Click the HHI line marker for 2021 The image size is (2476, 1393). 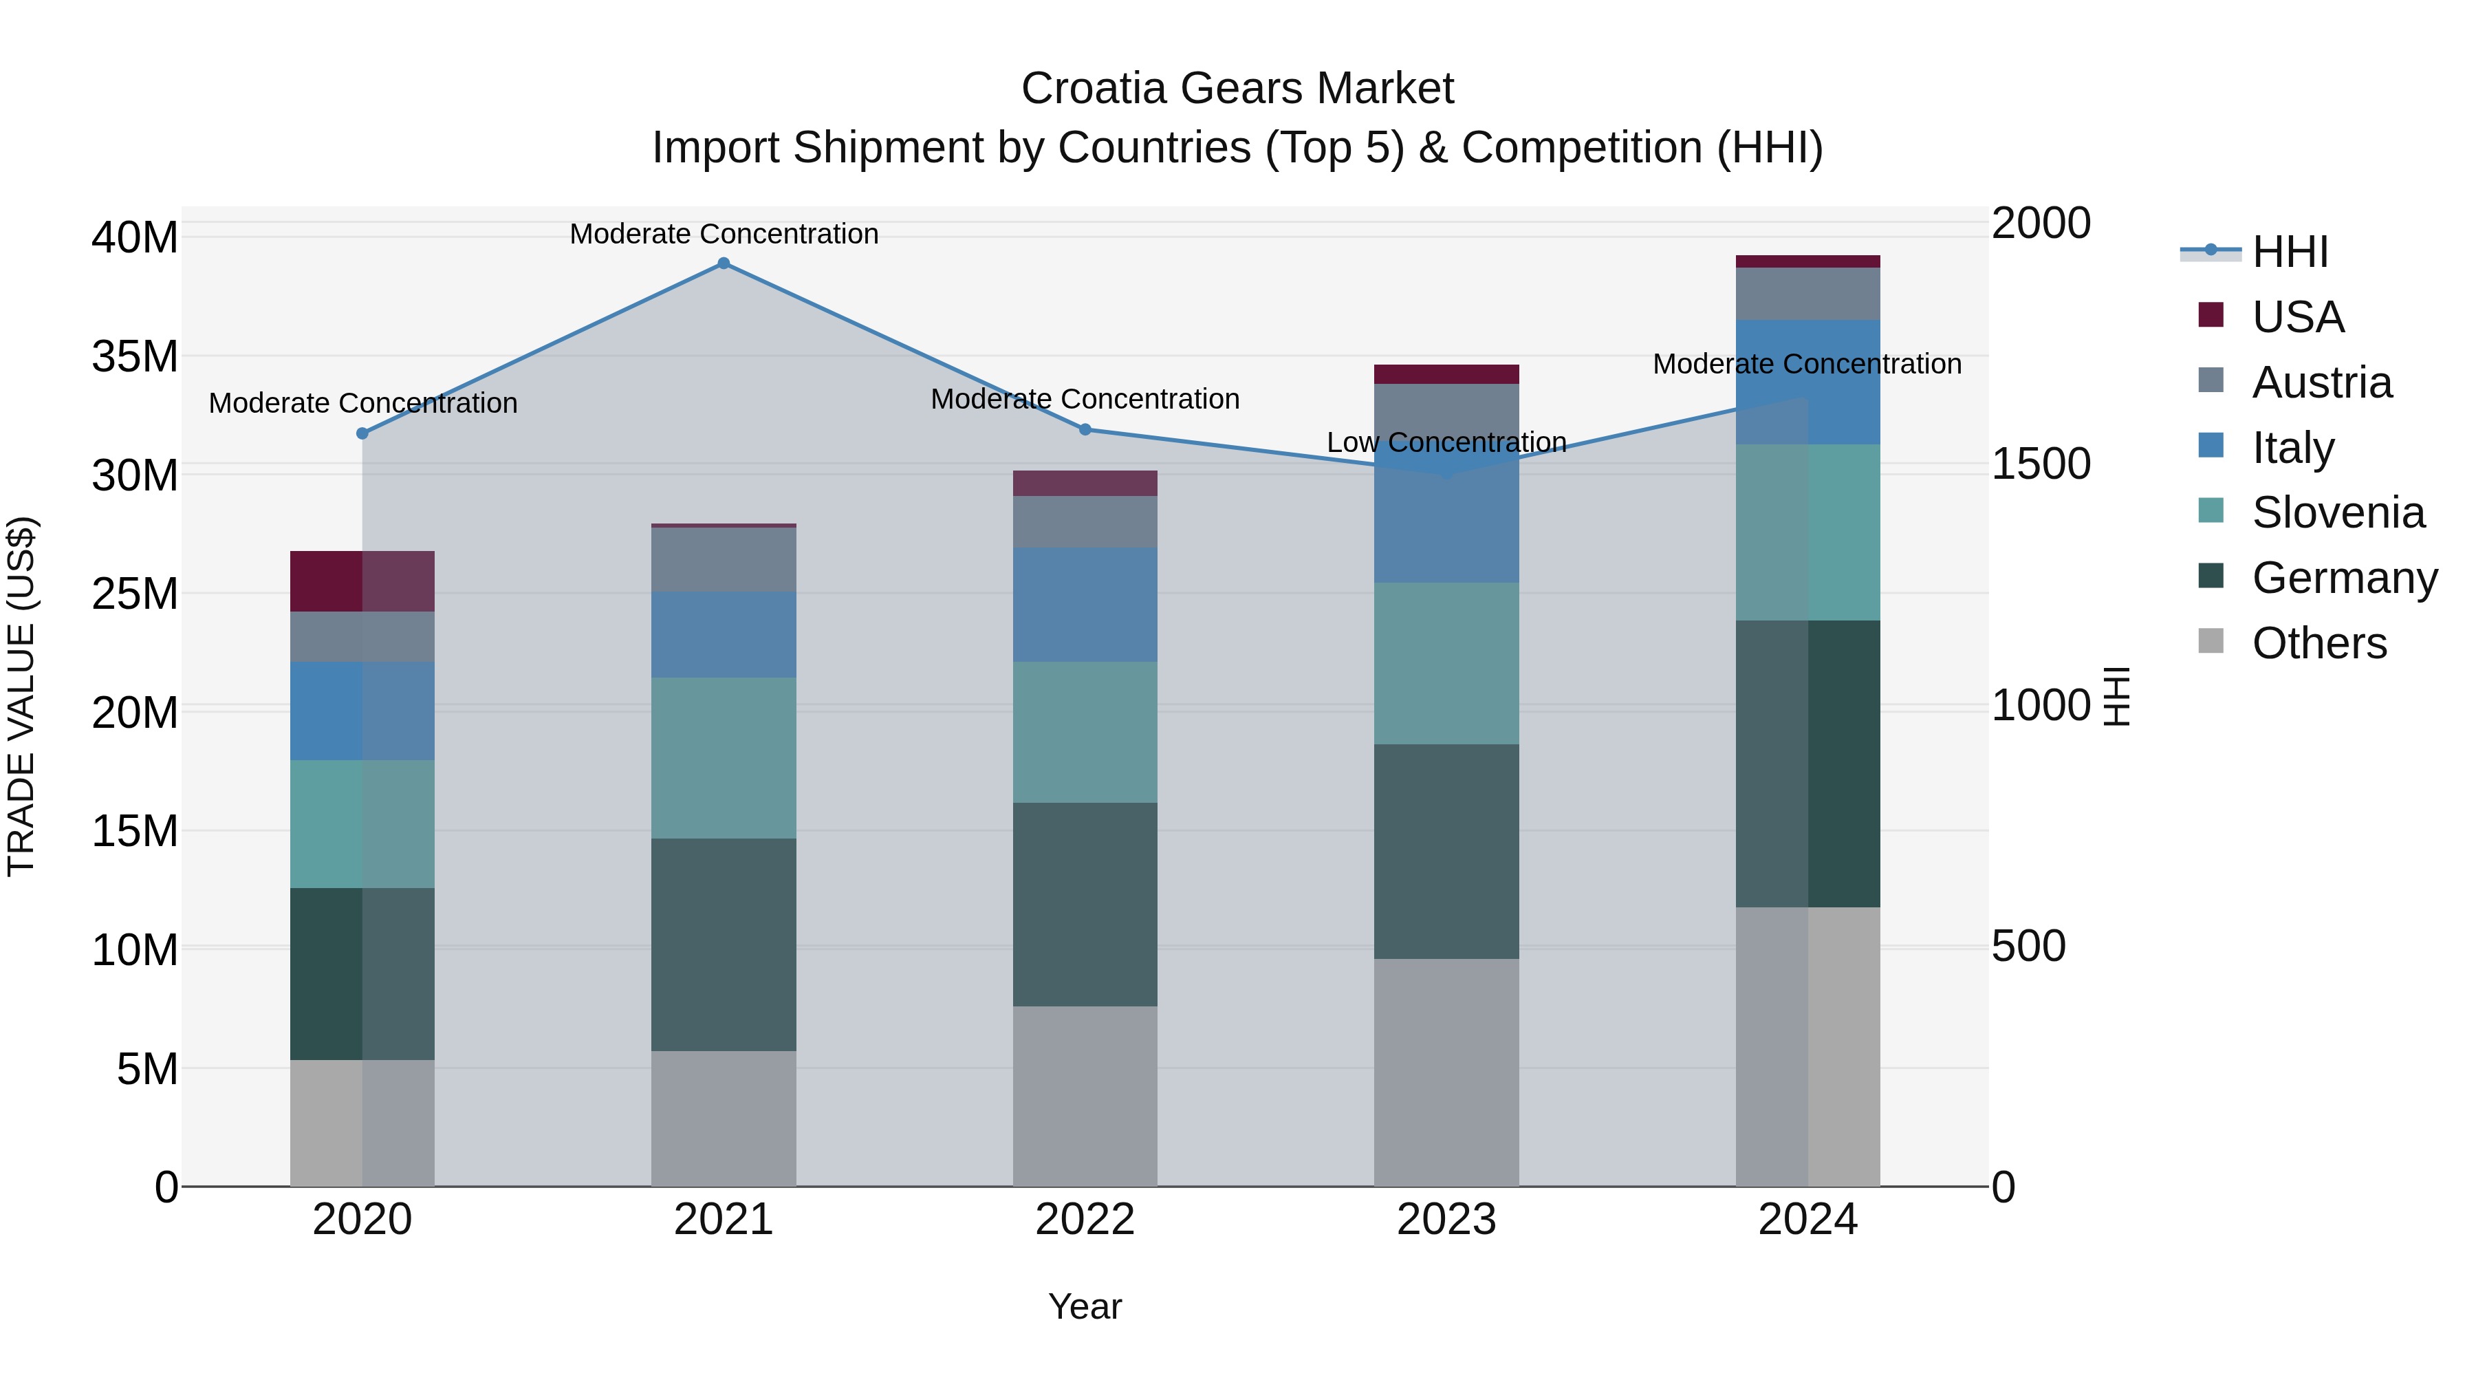(724, 263)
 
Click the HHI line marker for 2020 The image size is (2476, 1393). (362, 433)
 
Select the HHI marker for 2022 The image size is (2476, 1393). (1085, 430)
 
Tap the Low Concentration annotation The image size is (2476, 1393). (1446, 442)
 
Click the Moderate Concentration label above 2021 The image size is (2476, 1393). (724, 234)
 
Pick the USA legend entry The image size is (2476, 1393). (2297, 316)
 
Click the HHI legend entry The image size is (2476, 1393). (2290, 252)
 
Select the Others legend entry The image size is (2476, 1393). (2318, 642)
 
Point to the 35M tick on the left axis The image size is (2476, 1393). (135, 356)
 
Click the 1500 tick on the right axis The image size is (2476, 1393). (2040, 464)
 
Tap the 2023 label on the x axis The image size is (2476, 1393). (1446, 1220)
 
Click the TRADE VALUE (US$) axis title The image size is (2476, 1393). (21, 696)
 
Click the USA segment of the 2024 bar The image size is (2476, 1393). (1807, 261)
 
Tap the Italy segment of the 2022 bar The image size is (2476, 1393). (1085, 605)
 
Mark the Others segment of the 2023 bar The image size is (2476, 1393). (1446, 1072)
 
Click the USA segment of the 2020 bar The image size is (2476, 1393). (362, 581)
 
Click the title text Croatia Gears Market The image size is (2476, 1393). (1237, 89)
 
